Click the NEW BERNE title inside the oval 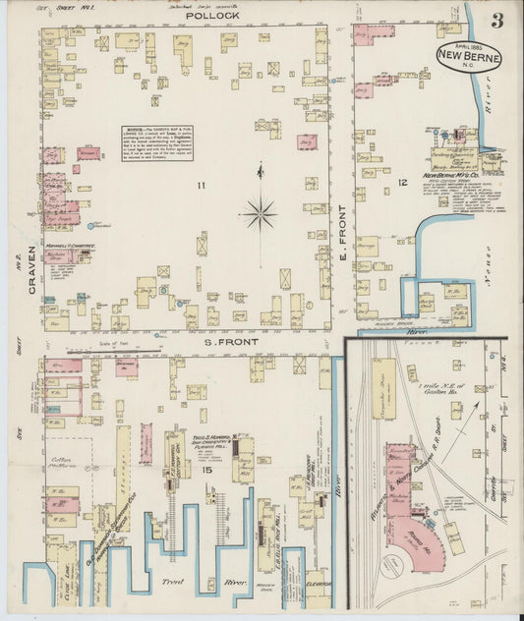(x=469, y=56)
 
